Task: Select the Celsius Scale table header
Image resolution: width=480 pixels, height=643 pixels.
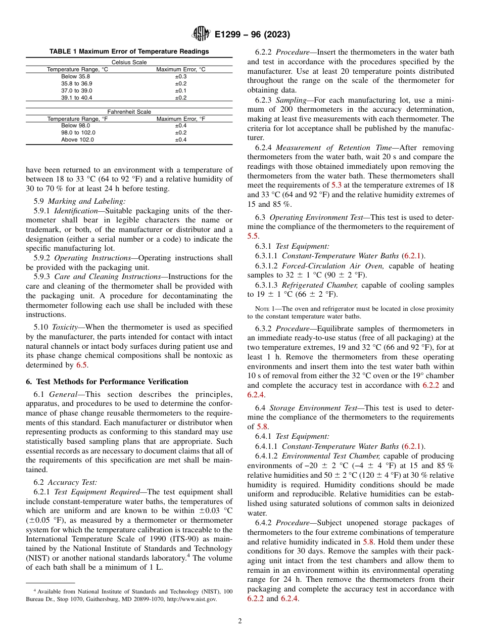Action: pyautogui.click(x=129, y=62)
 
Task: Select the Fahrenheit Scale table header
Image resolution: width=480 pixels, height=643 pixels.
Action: pyautogui.click(x=129, y=112)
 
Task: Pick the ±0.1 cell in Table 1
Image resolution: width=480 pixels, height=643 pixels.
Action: pyautogui.click(x=180, y=90)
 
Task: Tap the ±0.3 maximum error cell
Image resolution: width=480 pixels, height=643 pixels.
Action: pyautogui.click(x=180, y=76)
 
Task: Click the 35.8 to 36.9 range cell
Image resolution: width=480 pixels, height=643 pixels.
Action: pyautogui.click(x=77, y=83)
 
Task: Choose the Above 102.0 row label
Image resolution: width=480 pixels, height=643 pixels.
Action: pyautogui.click(x=77, y=140)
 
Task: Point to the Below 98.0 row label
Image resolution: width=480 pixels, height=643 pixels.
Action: pyautogui.click(x=75, y=125)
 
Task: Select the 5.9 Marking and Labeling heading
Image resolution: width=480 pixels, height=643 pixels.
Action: pyautogui.click(x=86, y=201)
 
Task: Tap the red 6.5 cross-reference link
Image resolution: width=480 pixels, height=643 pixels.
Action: pyautogui.click(x=81, y=364)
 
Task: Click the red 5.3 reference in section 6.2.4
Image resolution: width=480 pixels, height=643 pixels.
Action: pyautogui.click(x=336, y=185)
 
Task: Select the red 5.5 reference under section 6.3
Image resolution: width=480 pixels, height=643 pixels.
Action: pyautogui.click(x=253, y=236)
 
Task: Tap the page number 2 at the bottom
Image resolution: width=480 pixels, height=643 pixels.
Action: pyautogui.click(x=240, y=621)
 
